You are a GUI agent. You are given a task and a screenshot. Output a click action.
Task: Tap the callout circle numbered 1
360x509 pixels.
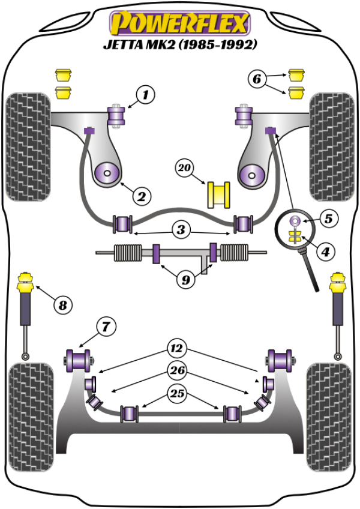point(145,94)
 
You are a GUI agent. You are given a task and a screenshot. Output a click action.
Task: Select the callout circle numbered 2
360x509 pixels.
point(142,196)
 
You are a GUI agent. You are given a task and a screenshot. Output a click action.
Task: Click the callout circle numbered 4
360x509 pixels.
point(325,253)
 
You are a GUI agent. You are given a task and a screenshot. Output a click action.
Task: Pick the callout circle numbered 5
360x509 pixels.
point(329,218)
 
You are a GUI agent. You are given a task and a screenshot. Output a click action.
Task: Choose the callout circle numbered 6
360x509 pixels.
point(256,79)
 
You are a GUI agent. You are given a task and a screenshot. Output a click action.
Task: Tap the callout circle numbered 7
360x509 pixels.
point(104,327)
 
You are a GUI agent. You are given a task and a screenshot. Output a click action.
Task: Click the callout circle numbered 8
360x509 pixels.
point(62,306)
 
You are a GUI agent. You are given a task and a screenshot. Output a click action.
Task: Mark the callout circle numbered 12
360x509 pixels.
point(178,348)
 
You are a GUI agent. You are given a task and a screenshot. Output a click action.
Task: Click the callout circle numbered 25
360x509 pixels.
point(178,394)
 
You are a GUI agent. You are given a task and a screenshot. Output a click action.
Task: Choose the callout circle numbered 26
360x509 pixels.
point(178,370)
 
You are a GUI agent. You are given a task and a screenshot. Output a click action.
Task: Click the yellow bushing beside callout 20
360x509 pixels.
point(220,194)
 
